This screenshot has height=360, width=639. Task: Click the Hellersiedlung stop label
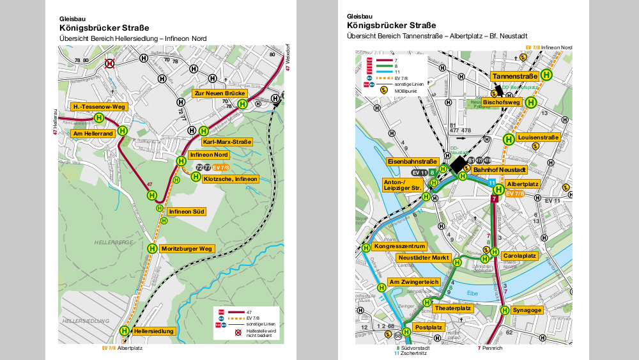(x=154, y=331)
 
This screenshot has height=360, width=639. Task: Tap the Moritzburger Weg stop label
(x=187, y=248)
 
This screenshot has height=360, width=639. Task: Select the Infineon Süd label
(x=186, y=211)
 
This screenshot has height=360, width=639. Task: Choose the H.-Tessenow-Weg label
(x=98, y=106)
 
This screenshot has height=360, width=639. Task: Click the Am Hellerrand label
(x=93, y=133)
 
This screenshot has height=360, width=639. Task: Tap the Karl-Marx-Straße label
(x=227, y=141)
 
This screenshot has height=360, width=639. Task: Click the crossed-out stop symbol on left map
(x=110, y=63)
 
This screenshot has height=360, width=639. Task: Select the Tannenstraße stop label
(x=514, y=76)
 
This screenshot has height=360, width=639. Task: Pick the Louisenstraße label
(x=539, y=137)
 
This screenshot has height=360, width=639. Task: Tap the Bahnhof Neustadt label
(x=499, y=170)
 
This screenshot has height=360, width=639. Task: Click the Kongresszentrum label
(x=399, y=246)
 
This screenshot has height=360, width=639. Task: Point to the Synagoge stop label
(x=527, y=310)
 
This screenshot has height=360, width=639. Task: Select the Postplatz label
(x=428, y=327)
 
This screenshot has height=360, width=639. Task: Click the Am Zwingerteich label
(x=413, y=282)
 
